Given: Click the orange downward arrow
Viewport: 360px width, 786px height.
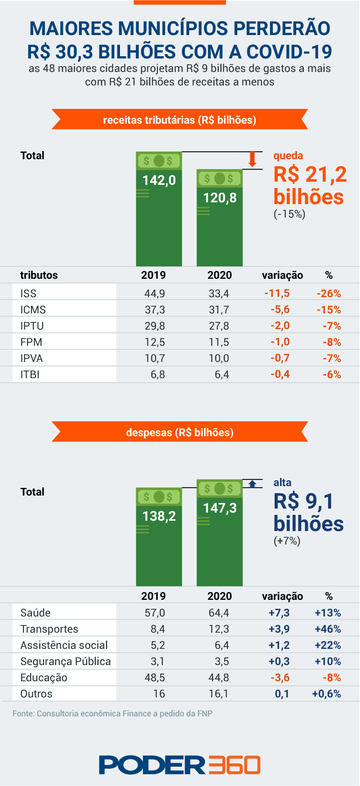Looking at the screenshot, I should [253, 159].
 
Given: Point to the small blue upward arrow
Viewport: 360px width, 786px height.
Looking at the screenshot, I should [253, 484].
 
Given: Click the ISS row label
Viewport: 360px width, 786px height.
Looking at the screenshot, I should [28, 294].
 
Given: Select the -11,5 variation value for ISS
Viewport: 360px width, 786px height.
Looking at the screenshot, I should [277, 294].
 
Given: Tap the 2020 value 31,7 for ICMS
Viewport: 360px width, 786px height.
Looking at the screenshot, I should [219, 310].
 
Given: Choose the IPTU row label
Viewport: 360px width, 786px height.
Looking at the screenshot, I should [32, 326].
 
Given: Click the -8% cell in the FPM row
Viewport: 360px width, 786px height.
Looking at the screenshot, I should [332, 342].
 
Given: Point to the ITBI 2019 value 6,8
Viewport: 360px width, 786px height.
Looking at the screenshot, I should [158, 375].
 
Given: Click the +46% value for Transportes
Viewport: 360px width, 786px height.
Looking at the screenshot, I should [328, 629].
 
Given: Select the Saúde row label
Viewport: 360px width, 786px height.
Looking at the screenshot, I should [36, 613].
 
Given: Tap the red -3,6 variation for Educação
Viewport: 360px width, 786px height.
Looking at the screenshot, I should [280, 678].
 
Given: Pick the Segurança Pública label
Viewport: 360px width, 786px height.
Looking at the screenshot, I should [66, 661].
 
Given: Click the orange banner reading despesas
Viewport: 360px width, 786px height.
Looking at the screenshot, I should [180, 432].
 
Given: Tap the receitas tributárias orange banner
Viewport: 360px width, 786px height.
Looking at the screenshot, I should [180, 120].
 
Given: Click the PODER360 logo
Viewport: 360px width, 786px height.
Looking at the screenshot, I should [180, 765].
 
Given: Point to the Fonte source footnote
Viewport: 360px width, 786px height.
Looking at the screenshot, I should [112, 714].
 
